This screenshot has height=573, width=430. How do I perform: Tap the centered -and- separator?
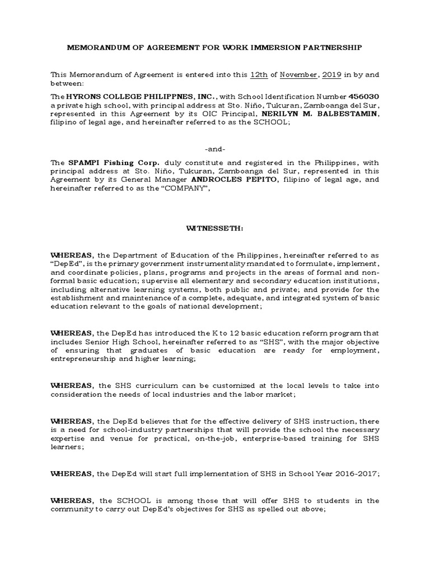coord(215,150)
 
